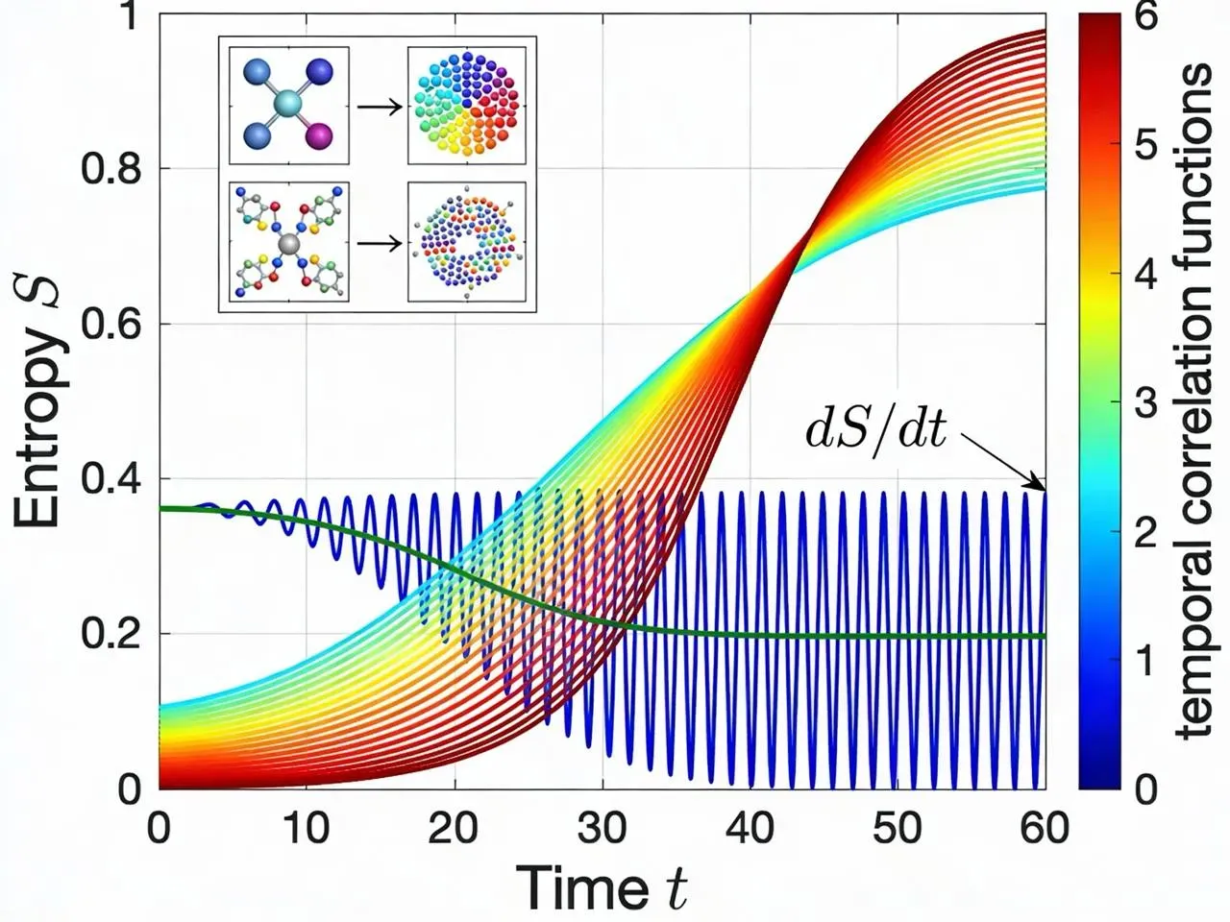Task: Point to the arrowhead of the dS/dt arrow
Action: [1040, 485]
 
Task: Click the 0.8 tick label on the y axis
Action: [111, 168]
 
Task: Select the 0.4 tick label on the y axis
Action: [111, 478]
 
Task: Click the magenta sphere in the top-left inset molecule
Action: [319, 135]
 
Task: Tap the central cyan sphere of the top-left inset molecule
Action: [287, 104]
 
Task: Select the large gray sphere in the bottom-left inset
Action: [288, 245]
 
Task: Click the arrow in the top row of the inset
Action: [380, 107]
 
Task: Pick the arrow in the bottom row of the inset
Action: [380, 244]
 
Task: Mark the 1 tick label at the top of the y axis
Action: [128, 15]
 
